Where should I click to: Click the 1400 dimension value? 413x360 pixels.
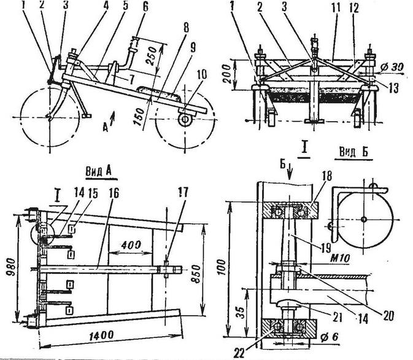click(x=101, y=336)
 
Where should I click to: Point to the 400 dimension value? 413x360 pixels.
click(x=131, y=245)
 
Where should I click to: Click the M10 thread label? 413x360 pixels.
click(x=340, y=258)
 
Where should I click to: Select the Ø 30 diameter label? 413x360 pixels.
click(x=392, y=67)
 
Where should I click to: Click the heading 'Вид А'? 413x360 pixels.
click(x=99, y=171)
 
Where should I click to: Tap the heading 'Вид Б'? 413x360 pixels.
click(x=353, y=152)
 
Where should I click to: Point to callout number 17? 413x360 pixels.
click(x=182, y=192)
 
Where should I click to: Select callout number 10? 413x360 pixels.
click(x=202, y=74)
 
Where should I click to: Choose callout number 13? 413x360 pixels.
click(x=393, y=88)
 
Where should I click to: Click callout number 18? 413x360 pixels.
click(x=327, y=176)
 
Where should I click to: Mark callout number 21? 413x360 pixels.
click(x=338, y=318)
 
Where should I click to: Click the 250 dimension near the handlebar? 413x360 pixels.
click(x=152, y=57)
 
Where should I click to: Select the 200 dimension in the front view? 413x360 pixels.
click(x=227, y=74)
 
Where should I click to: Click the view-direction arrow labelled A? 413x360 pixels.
click(x=113, y=116)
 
